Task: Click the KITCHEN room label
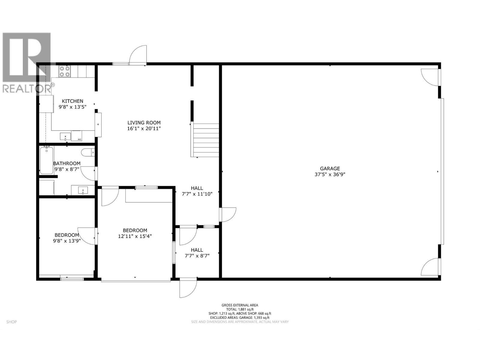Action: (72, 101)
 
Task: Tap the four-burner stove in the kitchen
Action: (64, 71)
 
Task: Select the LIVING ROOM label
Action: (144, 122)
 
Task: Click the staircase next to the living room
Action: (206, 140)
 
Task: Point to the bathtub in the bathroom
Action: (46, 160)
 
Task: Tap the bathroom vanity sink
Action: (82, 190)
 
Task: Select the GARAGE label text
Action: (330, 169)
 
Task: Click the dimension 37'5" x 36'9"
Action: (330, 174)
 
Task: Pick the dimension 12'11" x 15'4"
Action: (135, 236)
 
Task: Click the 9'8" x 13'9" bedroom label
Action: (67, 240)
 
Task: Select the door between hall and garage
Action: (228, 214)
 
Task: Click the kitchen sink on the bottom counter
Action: (65, 137)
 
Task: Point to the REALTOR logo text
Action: (27, 88)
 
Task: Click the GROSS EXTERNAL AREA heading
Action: (240, 305)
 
